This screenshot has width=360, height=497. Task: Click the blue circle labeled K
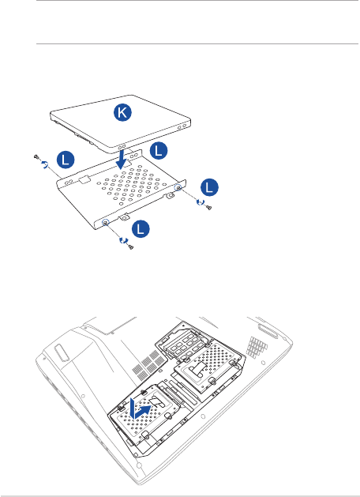coord(122,113)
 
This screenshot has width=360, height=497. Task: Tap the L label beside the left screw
coord(66,160)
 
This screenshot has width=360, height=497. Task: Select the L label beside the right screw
coord(209,187)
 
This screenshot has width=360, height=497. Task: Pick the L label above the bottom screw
coord(141,229)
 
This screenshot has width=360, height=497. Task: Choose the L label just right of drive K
coord(159,150)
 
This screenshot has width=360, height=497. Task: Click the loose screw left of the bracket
coord(36,156)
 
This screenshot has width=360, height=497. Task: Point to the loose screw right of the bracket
coord(209,208)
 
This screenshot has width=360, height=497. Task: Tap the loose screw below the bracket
coord(130,247)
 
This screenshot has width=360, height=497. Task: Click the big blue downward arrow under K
coord(122,158)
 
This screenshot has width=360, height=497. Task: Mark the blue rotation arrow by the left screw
coord(45,164)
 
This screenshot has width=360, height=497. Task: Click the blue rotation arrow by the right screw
coord(200,201)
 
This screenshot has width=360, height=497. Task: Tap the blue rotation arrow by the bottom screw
coord(123,240)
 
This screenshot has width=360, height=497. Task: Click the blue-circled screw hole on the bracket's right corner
coord(178,187)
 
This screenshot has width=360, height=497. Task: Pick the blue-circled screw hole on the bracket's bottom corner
coord(104,223)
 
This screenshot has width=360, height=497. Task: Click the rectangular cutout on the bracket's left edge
coord(84,180)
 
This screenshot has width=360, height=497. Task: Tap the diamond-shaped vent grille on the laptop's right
coord(257,345)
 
